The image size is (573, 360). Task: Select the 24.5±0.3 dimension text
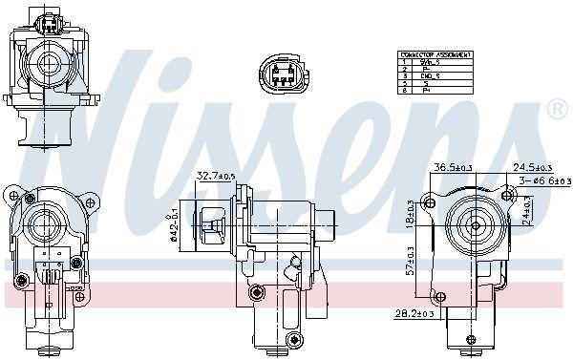[516, 166]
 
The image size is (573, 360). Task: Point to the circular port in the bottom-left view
[45, 226]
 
